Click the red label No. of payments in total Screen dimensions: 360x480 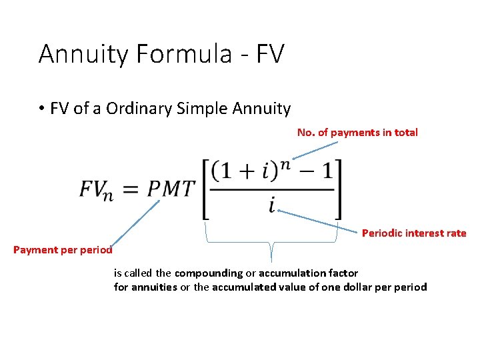(357, 132)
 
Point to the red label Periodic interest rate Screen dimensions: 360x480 (414, 233)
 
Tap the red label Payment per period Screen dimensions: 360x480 (63, 250)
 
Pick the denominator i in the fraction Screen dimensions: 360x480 (272, 205)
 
